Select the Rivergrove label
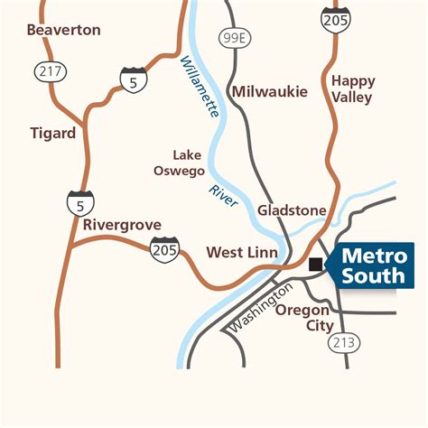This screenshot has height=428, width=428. [x=122, y=224]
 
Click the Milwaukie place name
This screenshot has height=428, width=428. [x=270, y=91]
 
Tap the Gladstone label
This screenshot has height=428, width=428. [x=292, y=210]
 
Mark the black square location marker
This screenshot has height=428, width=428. [x=315, y=265]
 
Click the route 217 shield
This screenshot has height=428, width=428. [x=48, y=70]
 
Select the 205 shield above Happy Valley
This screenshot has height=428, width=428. [x=335, y=18]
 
